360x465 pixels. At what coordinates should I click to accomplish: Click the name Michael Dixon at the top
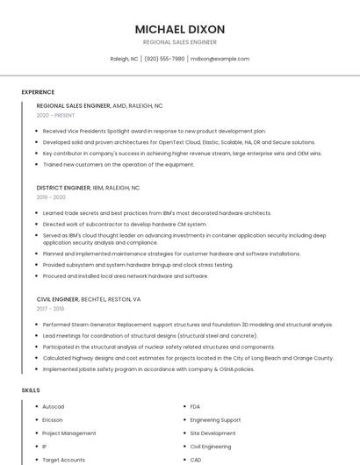coord(180,29)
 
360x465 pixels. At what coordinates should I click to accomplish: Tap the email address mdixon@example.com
coord(220,59)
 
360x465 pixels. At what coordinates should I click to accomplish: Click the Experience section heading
coord(38,91)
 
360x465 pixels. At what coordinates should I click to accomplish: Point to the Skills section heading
coord(31,390)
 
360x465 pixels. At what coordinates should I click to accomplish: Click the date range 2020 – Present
coord(55,115)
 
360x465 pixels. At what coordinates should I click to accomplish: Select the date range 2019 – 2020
coord(51,197)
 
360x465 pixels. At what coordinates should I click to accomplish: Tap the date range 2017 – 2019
coord(51,309)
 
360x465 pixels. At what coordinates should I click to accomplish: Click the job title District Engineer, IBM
coord(88,188)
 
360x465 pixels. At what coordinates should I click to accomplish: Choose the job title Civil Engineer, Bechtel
coord(89,299)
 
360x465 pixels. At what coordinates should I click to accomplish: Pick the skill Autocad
coord(53,406)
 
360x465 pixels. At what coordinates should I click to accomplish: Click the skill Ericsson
coord(52,419)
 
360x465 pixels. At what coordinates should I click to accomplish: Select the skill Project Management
coord(68,433)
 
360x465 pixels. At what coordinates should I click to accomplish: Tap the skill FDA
coord(196,406)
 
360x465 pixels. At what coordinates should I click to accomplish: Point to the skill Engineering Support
coord(215,419)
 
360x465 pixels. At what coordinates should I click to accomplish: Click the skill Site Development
coord(212,433)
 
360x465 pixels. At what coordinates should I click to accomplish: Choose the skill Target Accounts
coord(63,459)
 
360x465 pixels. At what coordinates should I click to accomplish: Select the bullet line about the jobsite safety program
coord(148,369)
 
